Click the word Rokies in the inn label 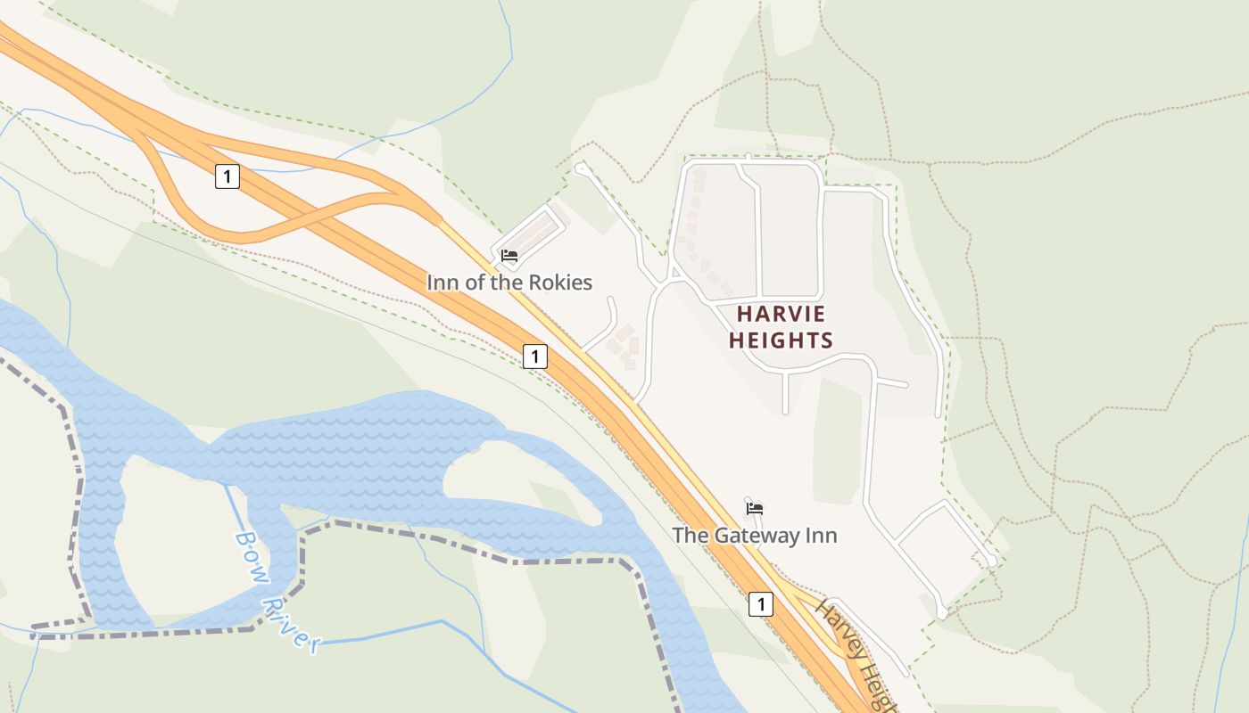tap(560, 283)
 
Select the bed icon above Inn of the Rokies tap(509, 256)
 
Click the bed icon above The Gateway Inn tap(755, 509)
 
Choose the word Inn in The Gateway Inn tap(822, 536)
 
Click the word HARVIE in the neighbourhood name tap(781, 314)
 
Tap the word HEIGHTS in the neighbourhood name tap(781, 340)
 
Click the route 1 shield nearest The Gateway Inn tap(760, 604)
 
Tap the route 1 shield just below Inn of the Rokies tap(534, 356)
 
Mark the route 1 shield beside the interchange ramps tap(227, 176)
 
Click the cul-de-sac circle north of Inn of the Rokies tap(581, 167)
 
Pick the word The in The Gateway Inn tap(689, 536)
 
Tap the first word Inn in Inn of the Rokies tap(443, 283)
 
